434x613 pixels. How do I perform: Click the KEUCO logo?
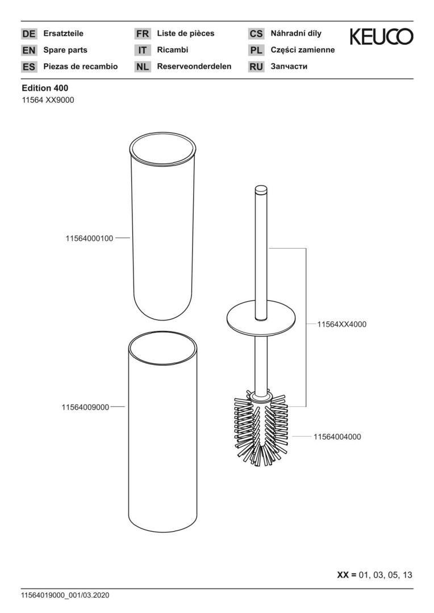point(381,36)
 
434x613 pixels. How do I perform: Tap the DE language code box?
point(28,33)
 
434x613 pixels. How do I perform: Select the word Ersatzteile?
point(64,33)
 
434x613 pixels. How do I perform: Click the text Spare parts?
point(65,50)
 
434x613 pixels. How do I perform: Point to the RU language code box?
point(256,67)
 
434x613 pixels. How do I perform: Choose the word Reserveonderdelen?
point(194,66)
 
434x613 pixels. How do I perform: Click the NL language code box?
point(142,67)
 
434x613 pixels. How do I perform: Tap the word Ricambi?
point(173,50)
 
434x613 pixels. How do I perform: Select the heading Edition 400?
point(45,89)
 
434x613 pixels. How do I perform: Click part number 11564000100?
point(89,238)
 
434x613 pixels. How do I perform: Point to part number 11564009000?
point(85,408)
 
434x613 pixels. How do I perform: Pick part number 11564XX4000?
point(341,325)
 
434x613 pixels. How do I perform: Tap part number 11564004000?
point(337,436)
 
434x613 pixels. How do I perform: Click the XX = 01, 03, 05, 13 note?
point(374,575)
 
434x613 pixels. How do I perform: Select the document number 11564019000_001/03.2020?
point(65,595)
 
